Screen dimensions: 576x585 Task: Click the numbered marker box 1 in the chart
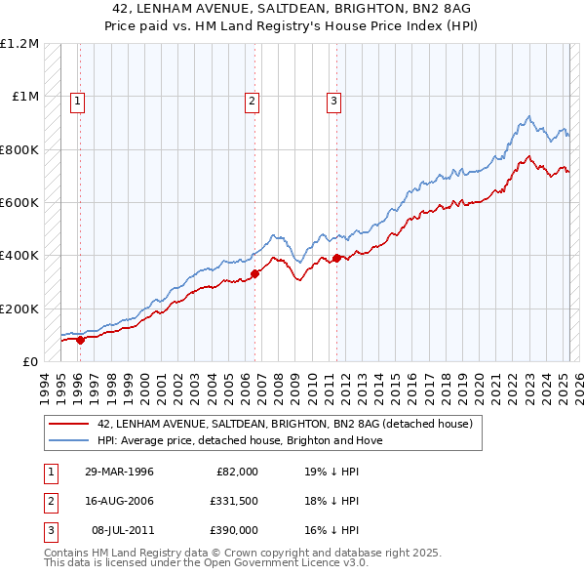pyautogui.click(x=76, y=100)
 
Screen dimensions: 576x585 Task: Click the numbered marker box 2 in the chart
pyautogui.click(x=252, y=100)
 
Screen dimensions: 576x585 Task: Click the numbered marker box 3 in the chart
pyautogui.click(x=333, y=100)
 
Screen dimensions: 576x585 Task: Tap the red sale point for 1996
pyautogui.click(x=80, y=340)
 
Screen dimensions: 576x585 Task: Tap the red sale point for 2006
pyautogui.click(x=255, y=273)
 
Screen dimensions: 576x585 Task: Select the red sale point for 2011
pyautogui.click(x=337, y=258)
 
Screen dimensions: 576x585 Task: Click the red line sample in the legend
pyautogui.click(x=69, y=424)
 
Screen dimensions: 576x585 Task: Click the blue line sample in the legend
pyautogui.click(x=69, y=440)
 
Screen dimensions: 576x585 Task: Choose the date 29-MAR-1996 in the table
pyautogui.click(x=118, y=472)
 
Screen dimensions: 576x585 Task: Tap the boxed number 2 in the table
pyautogui.click(x=49, y=501)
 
